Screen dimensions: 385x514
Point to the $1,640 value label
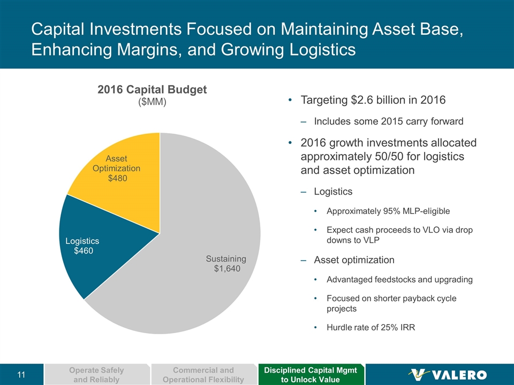[x=227, y=269]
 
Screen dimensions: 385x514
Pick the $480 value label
[x=116, y=178]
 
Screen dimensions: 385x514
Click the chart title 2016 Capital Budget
[x=152, y=90]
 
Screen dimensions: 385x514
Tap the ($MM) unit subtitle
[x=152, y=102]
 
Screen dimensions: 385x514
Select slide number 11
[x=21, y=374]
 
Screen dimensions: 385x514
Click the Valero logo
[x=448, y=374]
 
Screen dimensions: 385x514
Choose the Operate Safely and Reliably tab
[x=97, y=374]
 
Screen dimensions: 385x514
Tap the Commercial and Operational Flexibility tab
[x=204, y=374]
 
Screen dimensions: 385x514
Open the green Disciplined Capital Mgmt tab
[x=311, y=374]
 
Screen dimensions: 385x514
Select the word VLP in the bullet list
[x=371, y=240]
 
